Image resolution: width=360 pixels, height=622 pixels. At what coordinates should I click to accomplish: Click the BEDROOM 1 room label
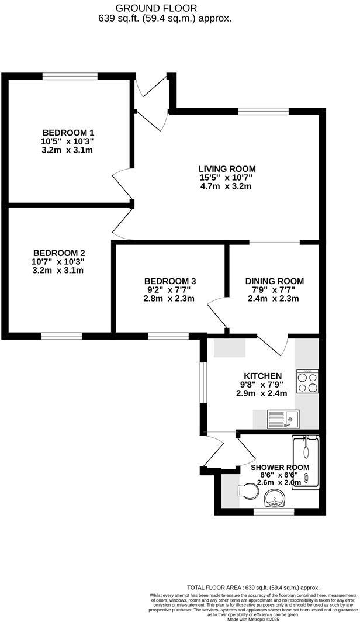[68, 132]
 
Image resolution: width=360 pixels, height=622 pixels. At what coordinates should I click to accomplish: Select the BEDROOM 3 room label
[169, 281]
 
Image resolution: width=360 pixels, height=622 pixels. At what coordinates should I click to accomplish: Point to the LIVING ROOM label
[227, 168]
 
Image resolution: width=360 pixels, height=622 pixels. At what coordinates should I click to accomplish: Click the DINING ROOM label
[274, 281]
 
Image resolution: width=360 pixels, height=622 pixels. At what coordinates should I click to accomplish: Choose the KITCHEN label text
[262, 375]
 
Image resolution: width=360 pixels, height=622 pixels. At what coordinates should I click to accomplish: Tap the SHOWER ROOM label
[280, 467]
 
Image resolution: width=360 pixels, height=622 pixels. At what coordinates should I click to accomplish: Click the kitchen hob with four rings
[307, 382]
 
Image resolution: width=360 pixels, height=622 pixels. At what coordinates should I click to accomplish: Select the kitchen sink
[283, 418]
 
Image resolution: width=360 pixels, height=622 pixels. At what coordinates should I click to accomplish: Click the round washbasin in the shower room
[274, 499]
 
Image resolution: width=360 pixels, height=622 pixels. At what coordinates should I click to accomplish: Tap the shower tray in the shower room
[306, 465]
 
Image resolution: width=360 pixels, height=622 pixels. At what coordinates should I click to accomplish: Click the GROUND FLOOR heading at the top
[156, 8]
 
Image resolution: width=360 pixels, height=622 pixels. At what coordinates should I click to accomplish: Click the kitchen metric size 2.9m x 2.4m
[262, 393]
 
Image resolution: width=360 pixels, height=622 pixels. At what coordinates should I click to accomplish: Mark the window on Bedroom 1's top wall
[70, 76]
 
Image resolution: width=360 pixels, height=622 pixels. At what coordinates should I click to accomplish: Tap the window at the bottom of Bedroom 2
[61, 336]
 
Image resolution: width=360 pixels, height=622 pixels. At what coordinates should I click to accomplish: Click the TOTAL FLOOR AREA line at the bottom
[253, 587]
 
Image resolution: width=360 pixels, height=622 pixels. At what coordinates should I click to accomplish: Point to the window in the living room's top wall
[263, 111]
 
